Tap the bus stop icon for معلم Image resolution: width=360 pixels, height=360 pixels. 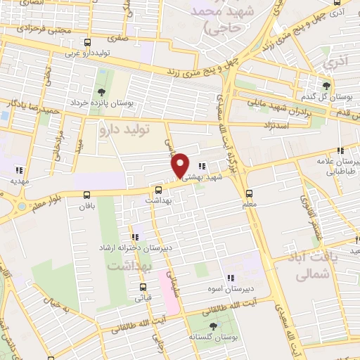coord(249,193)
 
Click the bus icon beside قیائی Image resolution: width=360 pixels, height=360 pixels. coord(144,287)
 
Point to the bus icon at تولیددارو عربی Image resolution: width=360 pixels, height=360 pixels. coord(87,42)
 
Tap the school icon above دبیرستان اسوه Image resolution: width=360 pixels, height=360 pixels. coord(229,278)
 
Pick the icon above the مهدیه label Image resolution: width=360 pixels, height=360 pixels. coord(18,169)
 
